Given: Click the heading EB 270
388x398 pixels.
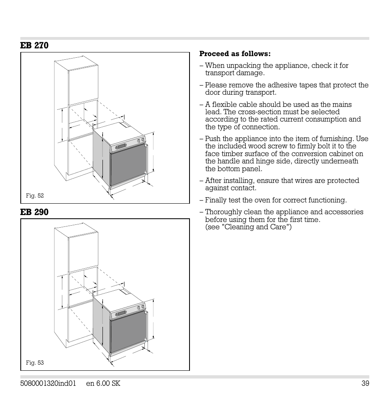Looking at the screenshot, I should point(34,46).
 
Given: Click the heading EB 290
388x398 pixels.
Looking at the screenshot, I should point(34,212).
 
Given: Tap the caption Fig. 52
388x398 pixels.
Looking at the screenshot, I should point(35,196).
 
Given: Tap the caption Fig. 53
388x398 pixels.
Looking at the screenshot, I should point(35,363).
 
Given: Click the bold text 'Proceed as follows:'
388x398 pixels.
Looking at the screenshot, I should point(235,54).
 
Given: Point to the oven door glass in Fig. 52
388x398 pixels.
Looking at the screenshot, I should point(127,163).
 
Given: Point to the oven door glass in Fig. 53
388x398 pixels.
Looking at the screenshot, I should point(127,329).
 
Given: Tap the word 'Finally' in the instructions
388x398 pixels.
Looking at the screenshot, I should point(216,200).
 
